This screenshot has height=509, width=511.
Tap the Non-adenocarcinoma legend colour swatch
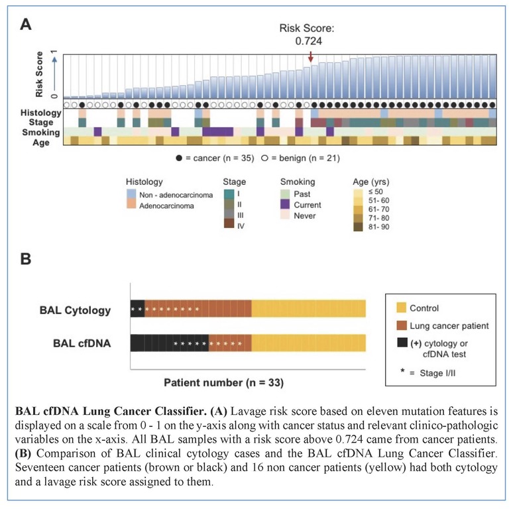point(132,192)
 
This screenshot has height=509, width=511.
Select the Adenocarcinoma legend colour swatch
point(132,205)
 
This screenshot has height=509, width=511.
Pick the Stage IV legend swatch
point(230,225)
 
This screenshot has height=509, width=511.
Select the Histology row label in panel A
point(40,113)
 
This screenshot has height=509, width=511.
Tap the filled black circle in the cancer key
point(179,158)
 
